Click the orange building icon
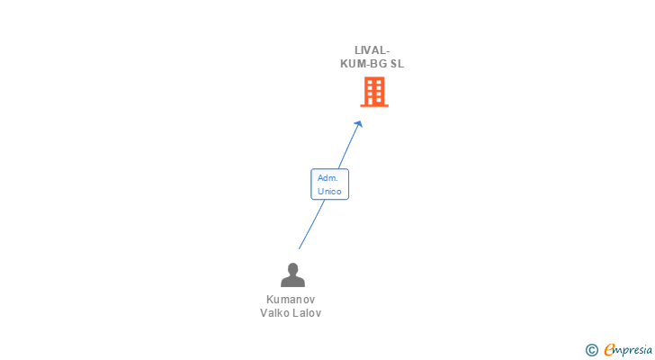[374, 92]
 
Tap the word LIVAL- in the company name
[372, 50]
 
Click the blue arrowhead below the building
[359, 124]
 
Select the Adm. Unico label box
[329, 184]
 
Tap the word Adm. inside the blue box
[327, 178]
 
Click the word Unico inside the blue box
[329, 192]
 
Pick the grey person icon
[292, 274]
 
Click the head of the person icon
[292, 268]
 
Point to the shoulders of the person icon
[292, 282]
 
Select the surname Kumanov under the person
[291, 300]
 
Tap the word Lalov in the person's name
[306, 313]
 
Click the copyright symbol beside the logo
[591, 350]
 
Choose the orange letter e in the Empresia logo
[609, 349]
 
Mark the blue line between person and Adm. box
[311, 225]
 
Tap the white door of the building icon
[374, 102]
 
